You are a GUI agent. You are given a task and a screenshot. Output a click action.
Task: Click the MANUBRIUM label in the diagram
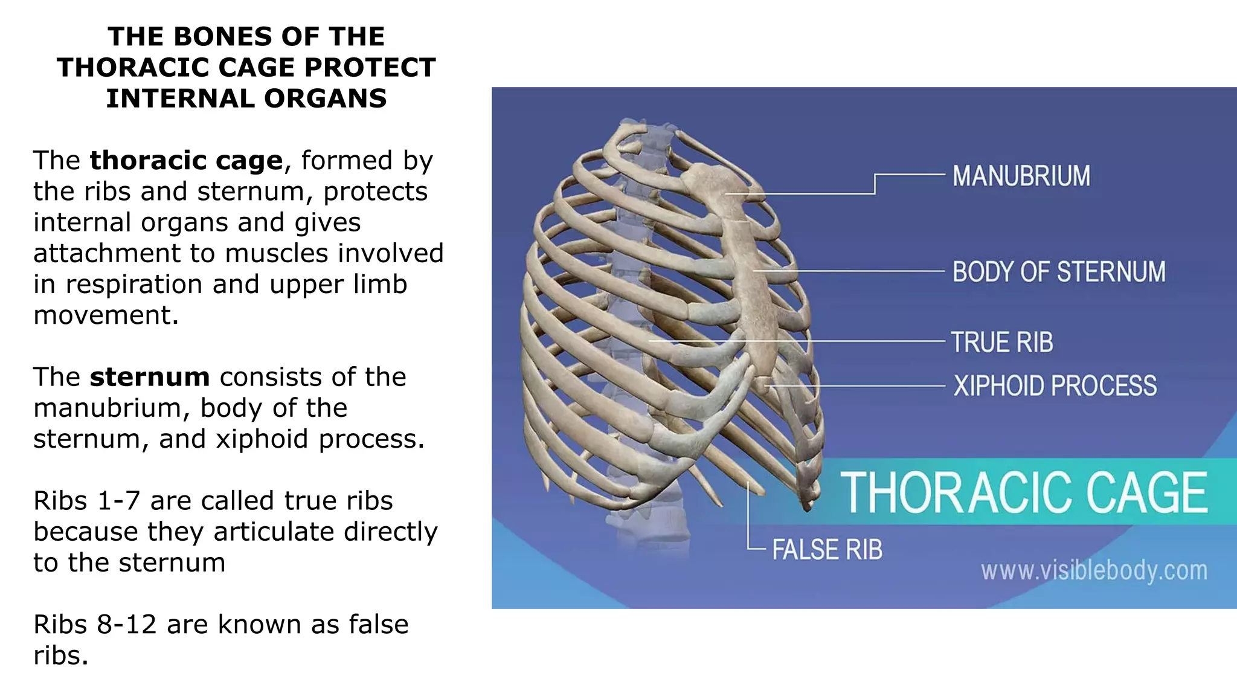click(1021, 176)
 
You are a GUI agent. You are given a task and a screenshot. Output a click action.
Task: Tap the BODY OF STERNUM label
click(1059, 272)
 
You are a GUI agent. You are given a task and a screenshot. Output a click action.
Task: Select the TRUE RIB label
click(1002, 342)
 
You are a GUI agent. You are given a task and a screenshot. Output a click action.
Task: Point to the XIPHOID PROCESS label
click(1055, 385)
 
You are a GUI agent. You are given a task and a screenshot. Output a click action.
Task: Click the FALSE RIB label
click(827, 550)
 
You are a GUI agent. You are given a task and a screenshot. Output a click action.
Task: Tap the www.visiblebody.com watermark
click(1094, 570)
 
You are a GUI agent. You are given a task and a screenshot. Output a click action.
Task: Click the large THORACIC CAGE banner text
click(1024, 492)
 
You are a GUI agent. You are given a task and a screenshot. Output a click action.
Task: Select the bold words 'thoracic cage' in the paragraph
click(186, 161)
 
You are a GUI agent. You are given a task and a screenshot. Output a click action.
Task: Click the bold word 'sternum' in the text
click(150, 377)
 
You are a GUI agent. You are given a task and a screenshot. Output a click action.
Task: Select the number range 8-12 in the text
click(126, 625)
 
